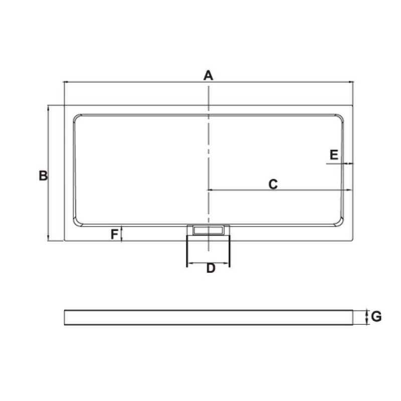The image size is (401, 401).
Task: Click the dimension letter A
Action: [208, 76]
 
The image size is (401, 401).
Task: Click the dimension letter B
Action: [43, 176]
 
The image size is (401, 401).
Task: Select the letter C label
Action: [273, 184]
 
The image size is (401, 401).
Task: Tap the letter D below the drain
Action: [211, 268]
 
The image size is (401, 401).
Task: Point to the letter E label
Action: [334, 155]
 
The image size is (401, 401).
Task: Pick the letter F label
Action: [115, 234]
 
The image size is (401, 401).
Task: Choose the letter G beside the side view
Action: [376, 317]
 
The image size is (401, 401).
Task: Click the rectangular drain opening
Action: [209, 230]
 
